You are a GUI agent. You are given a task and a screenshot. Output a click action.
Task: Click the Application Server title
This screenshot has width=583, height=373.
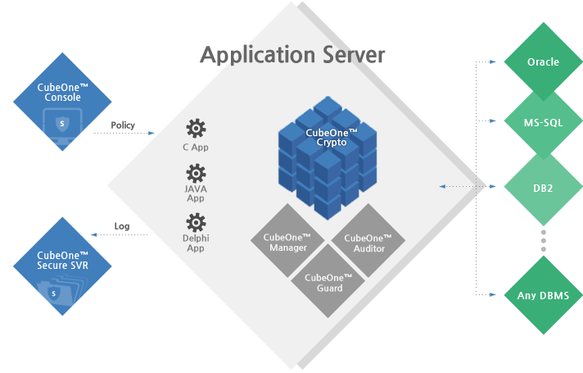pyautogui.click(x=292, y=55)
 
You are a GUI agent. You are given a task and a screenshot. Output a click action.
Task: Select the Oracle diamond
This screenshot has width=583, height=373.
pyautogui.click(x=543, y=61)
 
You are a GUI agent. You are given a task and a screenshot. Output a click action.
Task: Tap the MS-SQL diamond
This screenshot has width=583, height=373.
pyautogui.click(x=543, y=123)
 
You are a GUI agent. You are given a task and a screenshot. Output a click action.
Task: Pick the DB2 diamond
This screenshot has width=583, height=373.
pyautogui.click(x=543, y=188)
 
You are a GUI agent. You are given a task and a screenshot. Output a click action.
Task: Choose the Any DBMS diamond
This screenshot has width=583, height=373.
pyautogui.click(x=543, y=294)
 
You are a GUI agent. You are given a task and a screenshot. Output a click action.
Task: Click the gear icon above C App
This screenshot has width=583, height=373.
pyautogui.click(x=196, y=128)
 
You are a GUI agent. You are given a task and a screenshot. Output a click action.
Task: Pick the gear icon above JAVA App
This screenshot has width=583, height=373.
pyautogui.click(x=196, y=173)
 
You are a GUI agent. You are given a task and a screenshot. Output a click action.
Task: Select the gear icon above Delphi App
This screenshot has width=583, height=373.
pyautogui.click(x=196, y=221)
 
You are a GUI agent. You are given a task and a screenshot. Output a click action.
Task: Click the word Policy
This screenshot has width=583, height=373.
pyautogui.click(x=122, y=126)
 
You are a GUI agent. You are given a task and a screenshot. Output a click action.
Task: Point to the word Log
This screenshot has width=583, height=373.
pyautogui.click(x=122, y=225)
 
